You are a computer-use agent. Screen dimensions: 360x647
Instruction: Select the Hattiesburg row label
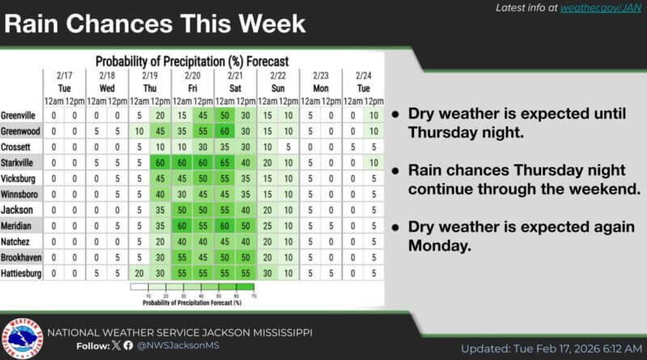[x=22, y=273]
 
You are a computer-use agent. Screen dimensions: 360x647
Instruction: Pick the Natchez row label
[x=17, y=242]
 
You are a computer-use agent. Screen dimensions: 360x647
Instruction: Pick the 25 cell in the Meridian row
[x=268, y=226]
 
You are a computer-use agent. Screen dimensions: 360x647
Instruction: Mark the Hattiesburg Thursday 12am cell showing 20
[x=139, y=273]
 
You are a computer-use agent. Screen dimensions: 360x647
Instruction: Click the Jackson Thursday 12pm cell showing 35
[x=160, y=210]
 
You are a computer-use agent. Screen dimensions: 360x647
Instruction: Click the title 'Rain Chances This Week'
[x=155, y=23]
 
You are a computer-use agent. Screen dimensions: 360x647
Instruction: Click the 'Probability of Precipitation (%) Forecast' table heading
[x=192, y=61]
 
